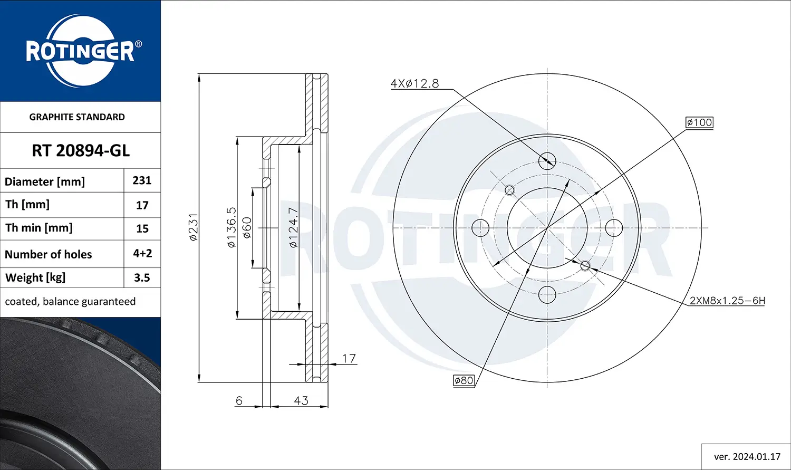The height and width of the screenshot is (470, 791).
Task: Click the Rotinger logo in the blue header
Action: click(x=81, y=51)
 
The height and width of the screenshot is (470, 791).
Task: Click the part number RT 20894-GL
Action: click(x=81, y=151)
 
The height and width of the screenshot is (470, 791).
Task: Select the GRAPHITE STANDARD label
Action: click(x=77, y=117)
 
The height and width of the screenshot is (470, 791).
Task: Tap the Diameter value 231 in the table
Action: click(x=142, y=180)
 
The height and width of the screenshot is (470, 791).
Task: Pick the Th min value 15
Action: click(x=142, y=228)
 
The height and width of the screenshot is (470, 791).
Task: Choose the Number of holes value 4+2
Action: click(x=142, y=253)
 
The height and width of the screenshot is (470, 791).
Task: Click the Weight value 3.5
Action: click(x=142, y=277)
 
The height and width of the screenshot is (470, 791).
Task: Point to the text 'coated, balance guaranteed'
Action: click(x=70, y=301)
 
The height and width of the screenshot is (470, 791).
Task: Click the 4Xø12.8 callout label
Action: click(x=414, y=83)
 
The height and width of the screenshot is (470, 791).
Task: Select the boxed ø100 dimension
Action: click(x=699, y=122)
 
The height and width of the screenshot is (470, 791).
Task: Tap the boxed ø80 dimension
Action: click(x=464, y=380)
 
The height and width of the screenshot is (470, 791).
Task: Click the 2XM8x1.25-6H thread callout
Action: click(x=727, y=301)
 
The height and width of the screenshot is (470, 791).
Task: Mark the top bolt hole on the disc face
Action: click(x=547, y=161)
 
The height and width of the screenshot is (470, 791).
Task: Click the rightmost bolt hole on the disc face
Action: click(x=614, y=228)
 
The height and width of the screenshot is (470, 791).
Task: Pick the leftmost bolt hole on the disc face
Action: click(x=480, y=228)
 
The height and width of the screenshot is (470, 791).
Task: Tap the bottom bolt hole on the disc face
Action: click(x=547, y=294)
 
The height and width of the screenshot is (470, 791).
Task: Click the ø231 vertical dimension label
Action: click(x=194, y=227)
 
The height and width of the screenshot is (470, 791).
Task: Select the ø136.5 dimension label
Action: click(x=231, y=227)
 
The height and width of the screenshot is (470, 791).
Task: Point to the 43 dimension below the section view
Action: click(x=301, y=401)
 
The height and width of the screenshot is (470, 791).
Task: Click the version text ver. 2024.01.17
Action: click(x=747, y=457)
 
